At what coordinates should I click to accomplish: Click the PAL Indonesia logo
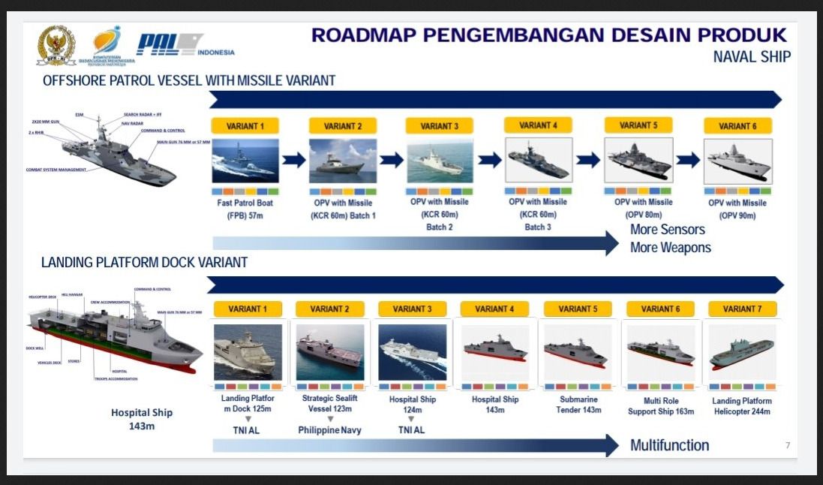[184, 44]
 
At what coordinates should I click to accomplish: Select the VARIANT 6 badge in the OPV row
[737, 126]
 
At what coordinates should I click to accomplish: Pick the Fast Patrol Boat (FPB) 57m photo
[245, 161]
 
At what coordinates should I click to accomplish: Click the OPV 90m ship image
[737, 161]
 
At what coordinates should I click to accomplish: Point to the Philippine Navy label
[329, 430]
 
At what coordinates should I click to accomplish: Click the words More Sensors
[668, 230]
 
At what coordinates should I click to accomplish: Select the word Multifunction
[669, 445]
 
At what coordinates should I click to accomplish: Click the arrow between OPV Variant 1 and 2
[294, 159]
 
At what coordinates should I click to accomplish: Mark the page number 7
[788, 445]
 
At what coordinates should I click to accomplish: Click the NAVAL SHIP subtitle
[752, 57]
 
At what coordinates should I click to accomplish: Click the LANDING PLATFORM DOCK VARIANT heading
[144, 263]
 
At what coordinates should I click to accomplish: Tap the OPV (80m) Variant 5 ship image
[638, 160]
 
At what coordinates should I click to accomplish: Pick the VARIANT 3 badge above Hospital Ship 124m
[413, 309]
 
